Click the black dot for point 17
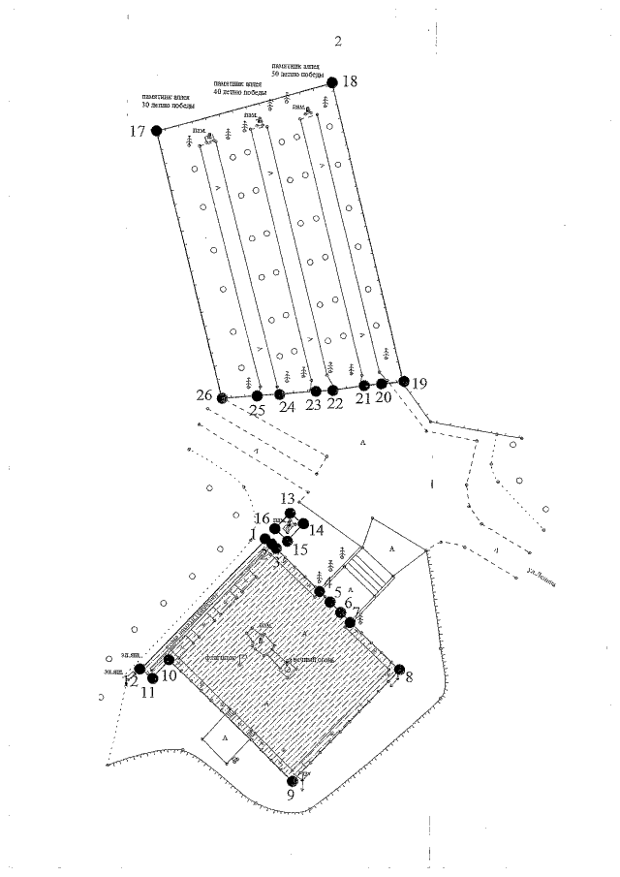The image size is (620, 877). pyautogui.click(x=157, y=130)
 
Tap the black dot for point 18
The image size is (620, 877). pyautogui.click(x=331, y=82)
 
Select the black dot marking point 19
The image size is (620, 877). pyautogui.click(x=405, y=381)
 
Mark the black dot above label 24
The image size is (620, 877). pyautogui.click(x=279, y=393)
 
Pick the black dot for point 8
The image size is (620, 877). pyautogui.click(x=397, y=668)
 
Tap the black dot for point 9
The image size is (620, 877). pyautogui.click(x=292, y=779)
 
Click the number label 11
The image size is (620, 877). pyautogui.click(x=148, y=692)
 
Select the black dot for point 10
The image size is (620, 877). pyautogui.click(x=169, y=660)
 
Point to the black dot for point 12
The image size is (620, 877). pyautogui.click(x=140, y=669)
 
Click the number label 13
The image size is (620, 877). pyautogui.click(x=288, y=498)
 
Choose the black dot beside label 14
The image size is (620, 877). pyautogui.click(x=303, y=524)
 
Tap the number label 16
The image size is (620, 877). pyautogui.click(x=262, y=518)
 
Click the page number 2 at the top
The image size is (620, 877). pyautogui.click(x=338, y=42)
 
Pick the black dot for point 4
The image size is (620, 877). pyautogui.click(x=320, y=591)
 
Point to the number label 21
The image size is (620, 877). pyautogui.click(x=363, y=398)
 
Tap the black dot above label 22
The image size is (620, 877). pyautogui.click(x=334, y=390)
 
